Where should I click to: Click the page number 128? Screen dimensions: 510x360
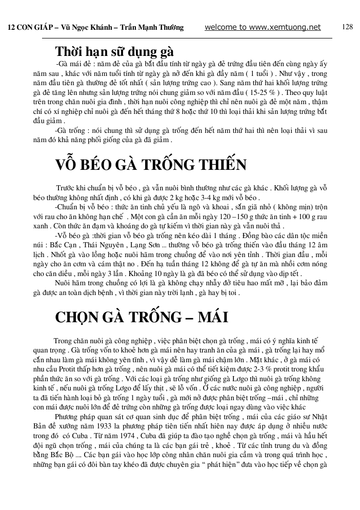tap(347, 27)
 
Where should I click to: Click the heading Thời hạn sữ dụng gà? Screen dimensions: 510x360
tap(114, 52)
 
